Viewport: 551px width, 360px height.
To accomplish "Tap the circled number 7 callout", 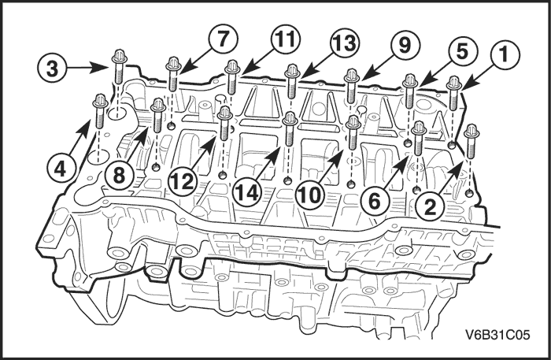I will (221, 38).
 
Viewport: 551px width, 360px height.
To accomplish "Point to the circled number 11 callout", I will (284, 39).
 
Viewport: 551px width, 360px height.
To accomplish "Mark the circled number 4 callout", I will (60, 168).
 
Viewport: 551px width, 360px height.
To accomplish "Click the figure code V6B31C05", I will (501, 333).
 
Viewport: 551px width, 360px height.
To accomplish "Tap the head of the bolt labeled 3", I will (119, 57).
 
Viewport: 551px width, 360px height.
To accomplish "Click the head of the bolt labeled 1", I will (454, 82).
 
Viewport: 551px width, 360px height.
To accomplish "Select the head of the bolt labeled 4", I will (100, 100).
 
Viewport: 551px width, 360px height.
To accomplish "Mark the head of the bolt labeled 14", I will (289, 119).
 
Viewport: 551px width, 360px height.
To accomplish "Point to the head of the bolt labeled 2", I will (471, 130).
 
